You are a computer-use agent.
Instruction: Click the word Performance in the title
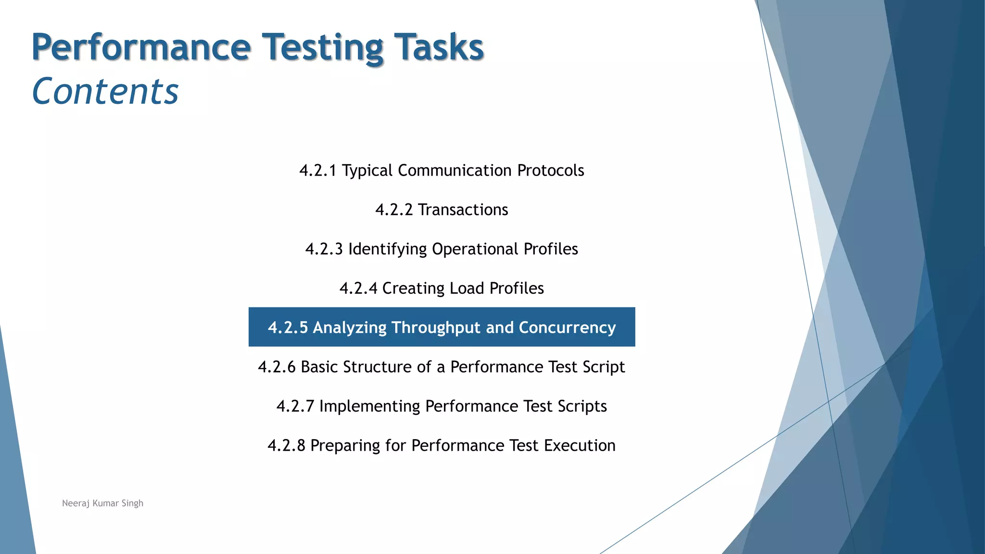[141, 47]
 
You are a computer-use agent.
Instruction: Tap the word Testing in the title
[322, 47]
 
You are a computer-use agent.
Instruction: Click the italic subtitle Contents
[105, 91]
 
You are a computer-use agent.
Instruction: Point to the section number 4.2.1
[317, 170]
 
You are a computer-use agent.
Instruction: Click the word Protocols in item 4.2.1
[550, 170]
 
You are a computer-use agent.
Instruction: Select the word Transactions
[463, 210]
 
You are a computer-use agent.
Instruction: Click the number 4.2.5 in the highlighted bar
[288, 327]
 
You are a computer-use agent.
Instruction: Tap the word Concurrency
[567, 327]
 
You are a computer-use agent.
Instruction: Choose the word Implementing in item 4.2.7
[369, 406]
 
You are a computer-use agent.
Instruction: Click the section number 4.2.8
[286, 445]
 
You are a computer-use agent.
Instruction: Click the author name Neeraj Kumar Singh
[102, 503]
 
